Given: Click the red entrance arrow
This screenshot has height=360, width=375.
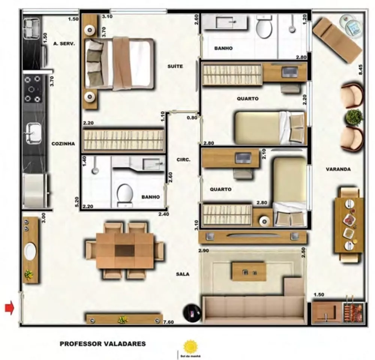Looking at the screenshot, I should pyautogui.click(x=9, y=308).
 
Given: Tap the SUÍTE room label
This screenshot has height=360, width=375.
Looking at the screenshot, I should pyautogui.click(x=175, y=66).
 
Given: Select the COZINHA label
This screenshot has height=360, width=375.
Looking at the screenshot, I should pyautogui.click(x=63, y=143).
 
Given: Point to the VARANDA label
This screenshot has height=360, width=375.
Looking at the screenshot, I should pyautogui.click(x=338, y=169).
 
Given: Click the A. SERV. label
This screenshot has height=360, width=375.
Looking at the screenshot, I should pyautogui.click(x=64, y=43).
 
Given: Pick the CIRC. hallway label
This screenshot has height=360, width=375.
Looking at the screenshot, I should pyautogui.click(x=184, y=160).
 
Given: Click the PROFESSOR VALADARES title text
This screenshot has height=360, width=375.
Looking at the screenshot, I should pyautogui.click(x=102, y=344).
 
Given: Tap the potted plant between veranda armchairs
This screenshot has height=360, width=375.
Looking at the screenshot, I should pyautogui.click(x=354, y=117).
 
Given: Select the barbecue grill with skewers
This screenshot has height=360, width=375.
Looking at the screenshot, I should pyautogui.click(x=353, y=311).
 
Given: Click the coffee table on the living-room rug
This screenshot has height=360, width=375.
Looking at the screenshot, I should pyautogui.click(x=249, y=272).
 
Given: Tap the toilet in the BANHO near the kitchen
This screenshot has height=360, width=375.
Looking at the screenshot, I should pyautogui.click(x=124, y=194).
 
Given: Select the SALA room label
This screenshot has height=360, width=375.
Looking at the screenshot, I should pyautogui.click(x=183, y=274).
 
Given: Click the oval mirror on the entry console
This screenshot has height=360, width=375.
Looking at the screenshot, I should pyautogui.click(x=30, y=252).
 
